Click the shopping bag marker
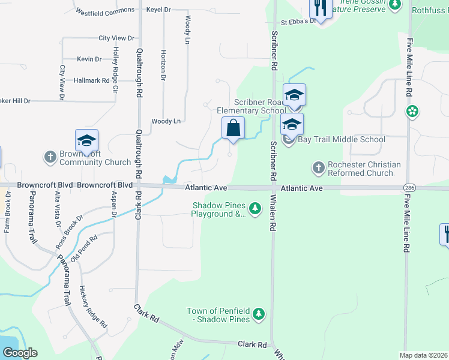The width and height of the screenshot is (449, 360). click(x=233, y=128)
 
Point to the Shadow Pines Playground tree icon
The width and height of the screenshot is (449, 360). click(x=256, y=208)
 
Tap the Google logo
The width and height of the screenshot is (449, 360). click(x=19, y=353)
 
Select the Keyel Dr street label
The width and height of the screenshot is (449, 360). click(x=158, y=11)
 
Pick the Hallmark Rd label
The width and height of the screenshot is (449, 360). click(x=91, y=80)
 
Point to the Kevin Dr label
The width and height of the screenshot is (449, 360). click(x=89, y=59)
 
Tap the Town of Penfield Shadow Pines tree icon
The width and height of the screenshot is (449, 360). click(x=259, y=313)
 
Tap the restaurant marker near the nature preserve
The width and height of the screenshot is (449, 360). click(x=319, y=8)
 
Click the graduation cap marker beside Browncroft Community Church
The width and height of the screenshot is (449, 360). click(x=86, y=141)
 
